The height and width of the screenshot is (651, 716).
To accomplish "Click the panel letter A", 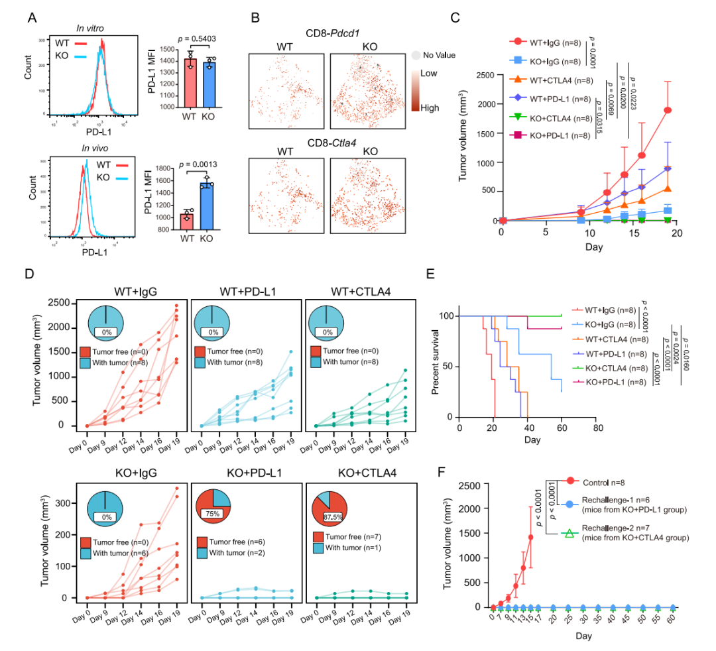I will pyautogui.click(x=31, y=17).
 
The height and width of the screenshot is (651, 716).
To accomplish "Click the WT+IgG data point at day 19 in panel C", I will pyautogui.click(x=668, y=110).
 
